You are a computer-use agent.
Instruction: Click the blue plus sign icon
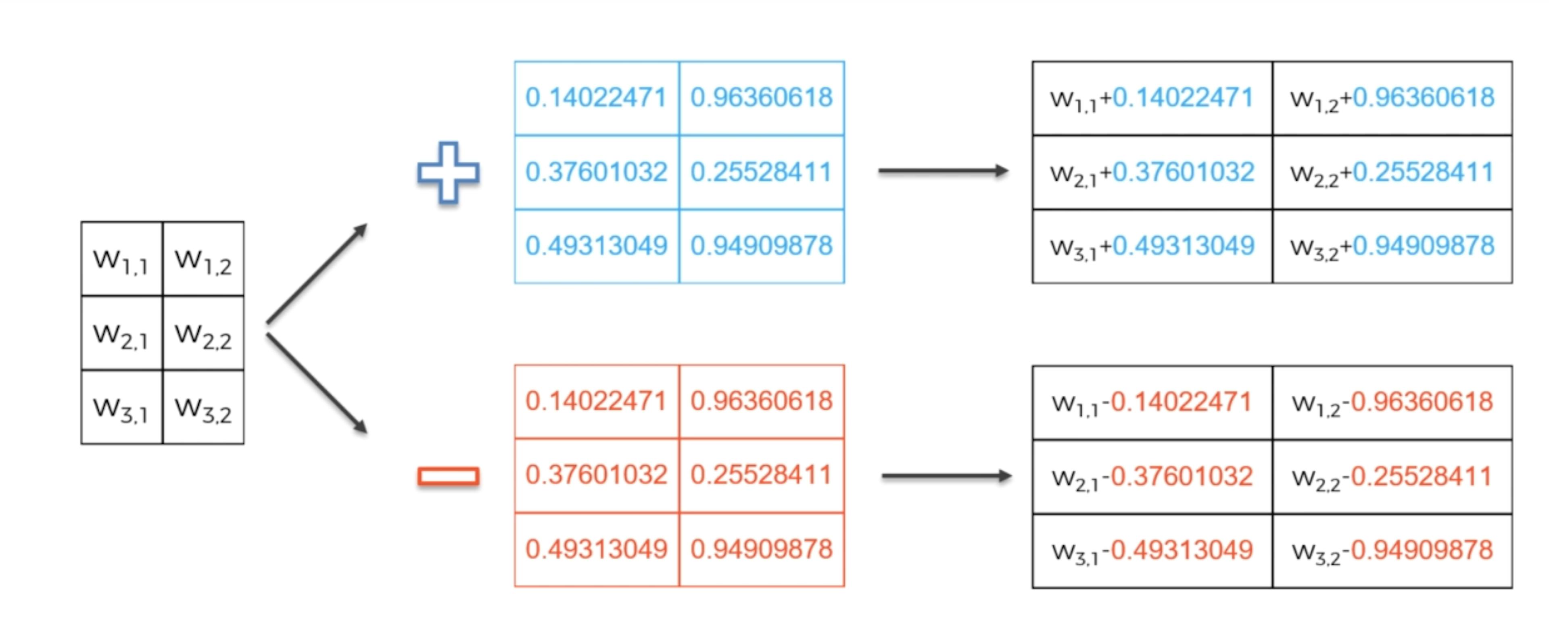point(449,173)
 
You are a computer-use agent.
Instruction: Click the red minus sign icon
point(449,476)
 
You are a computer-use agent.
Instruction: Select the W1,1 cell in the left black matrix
point(121,259)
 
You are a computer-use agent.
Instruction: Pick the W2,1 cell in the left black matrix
point(121,333)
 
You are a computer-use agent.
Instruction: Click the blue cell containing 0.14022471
point(597,98)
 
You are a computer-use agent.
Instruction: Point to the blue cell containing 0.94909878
point(761,246)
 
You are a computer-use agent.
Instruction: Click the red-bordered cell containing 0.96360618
point(761,402)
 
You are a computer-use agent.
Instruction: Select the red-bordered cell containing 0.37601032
point(597,475)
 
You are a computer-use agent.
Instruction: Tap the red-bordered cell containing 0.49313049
point(597,549)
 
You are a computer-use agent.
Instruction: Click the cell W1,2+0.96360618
point(1392,98)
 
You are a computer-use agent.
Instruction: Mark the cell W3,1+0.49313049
point(1152,246)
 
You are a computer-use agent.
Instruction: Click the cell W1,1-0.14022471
point(1152,403)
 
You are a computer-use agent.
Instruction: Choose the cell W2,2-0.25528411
point(1392,477)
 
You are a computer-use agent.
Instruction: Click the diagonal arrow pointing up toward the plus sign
point(316,273)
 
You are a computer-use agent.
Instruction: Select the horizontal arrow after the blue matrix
point(943,171)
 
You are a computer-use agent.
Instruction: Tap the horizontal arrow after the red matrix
point(946,476)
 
